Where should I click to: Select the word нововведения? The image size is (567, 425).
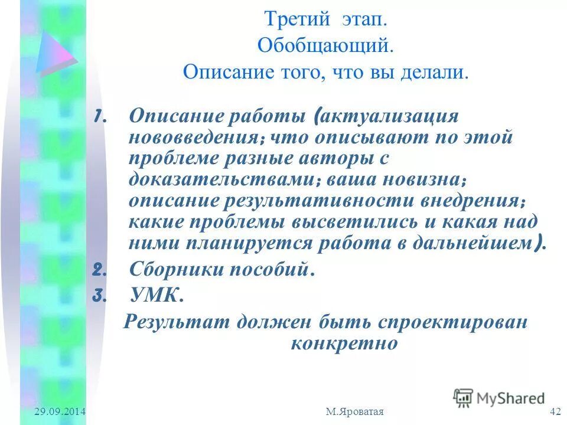click(195, 138)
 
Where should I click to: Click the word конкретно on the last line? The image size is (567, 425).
click(344, 344)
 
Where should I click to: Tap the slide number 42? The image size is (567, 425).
click(555, 411)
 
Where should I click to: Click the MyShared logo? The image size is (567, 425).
click(499, 398)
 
